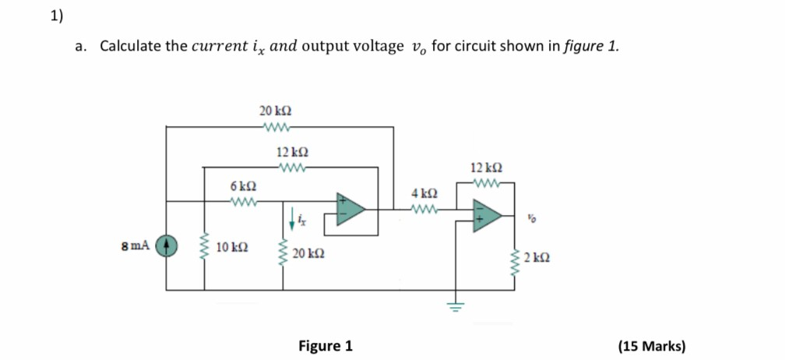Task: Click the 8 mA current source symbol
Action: click(166, 246)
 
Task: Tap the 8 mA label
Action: click(137, 246)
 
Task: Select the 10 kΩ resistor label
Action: click(232, 247)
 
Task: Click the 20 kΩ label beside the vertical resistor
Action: click(309, 254)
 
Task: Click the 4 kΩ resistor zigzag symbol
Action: click(425, 208)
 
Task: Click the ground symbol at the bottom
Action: click(456, 306)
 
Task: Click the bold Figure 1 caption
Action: click(326, 345)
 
